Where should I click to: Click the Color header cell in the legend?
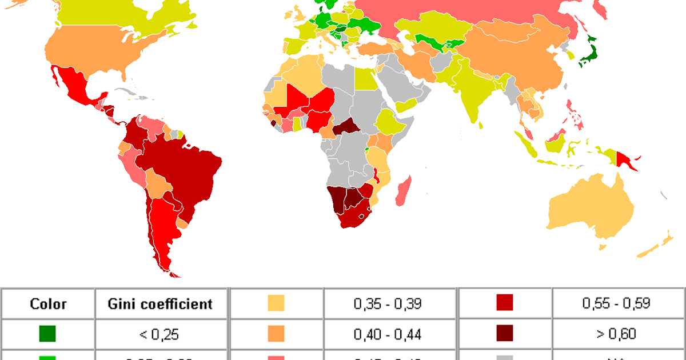[48, 304]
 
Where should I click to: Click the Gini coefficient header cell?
[160, 304]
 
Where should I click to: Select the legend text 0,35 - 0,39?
[388, 304]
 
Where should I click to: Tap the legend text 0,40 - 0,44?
[388, 333]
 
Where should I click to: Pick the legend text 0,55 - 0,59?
[616, 304]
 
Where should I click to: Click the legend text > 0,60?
[616, 333]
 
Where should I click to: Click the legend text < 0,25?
[160, 333]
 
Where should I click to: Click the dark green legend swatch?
[48, 333]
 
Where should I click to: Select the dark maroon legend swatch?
[505, 333]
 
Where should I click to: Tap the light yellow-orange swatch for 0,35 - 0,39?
[276, 304]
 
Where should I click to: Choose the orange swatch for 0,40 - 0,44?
[276, 333]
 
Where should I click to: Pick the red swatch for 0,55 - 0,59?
[505, 304]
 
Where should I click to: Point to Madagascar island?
[404, 191]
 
